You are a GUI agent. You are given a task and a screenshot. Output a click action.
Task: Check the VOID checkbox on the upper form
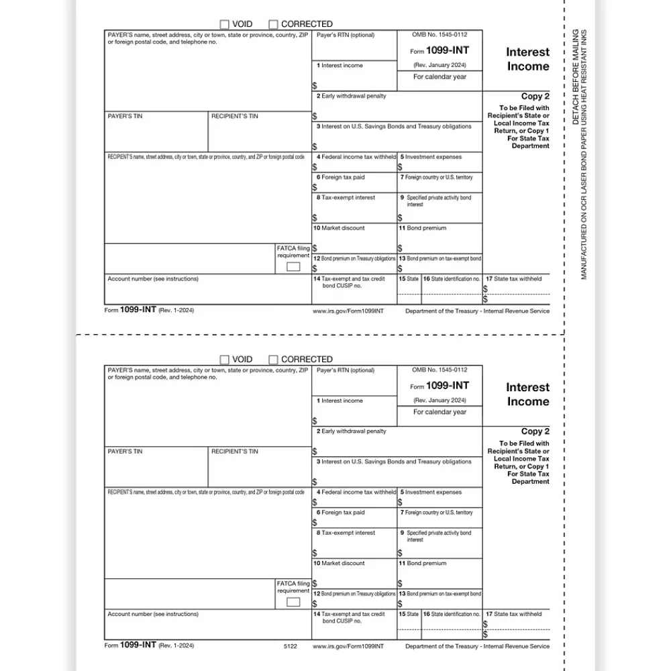(x=225, y=24)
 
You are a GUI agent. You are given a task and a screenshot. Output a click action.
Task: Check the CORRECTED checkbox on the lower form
(x=273, y=360)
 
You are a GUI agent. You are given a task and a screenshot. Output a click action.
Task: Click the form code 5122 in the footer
(x=290, y=646)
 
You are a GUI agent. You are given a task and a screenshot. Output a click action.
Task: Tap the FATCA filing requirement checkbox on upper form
(x=293, y=267)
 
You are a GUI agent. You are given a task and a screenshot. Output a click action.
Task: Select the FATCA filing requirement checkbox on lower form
(x=293, y=602)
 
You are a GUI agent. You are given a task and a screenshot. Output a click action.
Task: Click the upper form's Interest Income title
(x=527, y=59)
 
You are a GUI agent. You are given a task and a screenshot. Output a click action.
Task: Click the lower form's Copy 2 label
(x=535, y=431)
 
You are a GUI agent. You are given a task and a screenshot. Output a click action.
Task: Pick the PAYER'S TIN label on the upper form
(x=125, y=117)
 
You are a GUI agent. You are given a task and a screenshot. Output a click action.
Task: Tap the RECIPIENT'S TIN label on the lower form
(x=234, y=452)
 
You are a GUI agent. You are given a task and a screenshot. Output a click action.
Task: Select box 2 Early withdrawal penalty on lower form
(x=351, y=431)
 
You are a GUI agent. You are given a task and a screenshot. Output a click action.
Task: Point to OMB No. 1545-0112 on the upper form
(x=440, y=35)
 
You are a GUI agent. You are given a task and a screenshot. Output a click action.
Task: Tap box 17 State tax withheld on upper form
(x=513, y=278)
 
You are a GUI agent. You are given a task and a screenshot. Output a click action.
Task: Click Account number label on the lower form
(x=152, y=614)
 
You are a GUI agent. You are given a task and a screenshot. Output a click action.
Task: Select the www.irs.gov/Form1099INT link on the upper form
(x=348, y=311)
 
